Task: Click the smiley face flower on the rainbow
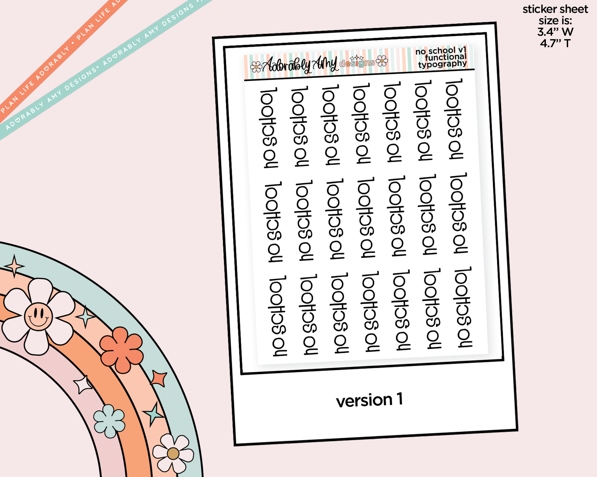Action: (38, 316)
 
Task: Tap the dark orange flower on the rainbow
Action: (121, 350)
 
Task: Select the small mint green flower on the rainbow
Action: (109, 421)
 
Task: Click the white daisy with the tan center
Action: (173, 453)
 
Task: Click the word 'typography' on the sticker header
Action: (443, 64)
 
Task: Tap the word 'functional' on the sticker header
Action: (445, 57)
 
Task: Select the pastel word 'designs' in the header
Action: (357, 63)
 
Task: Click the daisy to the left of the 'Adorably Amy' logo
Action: (256, 67)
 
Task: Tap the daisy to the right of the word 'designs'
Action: (382, 61)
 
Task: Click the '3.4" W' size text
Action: (555, 32)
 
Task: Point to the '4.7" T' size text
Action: (555, 43)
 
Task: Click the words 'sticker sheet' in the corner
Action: (555, 9)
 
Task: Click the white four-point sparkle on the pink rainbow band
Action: (82, 384)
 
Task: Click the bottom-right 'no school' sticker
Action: (462, 307)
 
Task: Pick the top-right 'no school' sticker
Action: (454, 119)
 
